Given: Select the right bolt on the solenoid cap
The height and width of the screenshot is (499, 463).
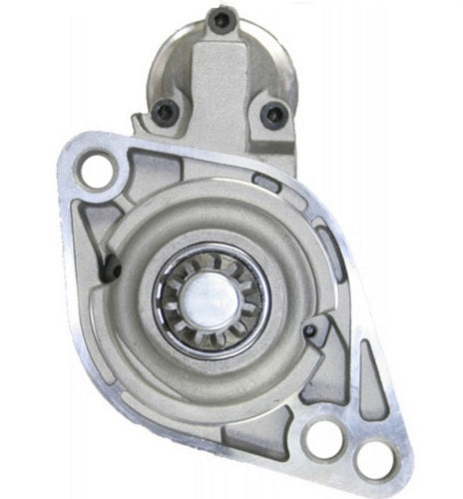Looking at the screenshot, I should click(x=269, y=113).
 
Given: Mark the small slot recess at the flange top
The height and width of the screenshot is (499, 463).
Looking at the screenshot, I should click(x=266, y=181).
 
